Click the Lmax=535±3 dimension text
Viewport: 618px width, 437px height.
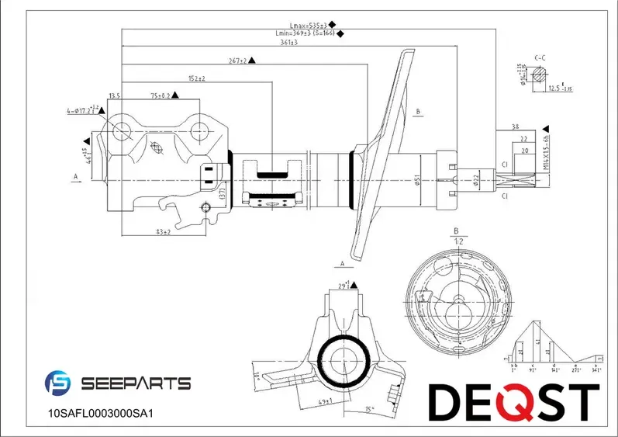304,25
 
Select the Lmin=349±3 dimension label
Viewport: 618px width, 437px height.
304,33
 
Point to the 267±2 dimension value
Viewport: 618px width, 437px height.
237,61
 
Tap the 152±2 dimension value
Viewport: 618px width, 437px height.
196,78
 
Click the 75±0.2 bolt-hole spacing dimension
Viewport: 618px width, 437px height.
160,95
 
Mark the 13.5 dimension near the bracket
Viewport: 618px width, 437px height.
115,95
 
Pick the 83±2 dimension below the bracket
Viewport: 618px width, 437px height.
163,232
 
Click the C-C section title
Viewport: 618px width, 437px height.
541,58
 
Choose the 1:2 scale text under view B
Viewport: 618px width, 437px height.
457,241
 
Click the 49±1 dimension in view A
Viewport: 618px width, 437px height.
326,401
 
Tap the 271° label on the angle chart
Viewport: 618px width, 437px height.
575,371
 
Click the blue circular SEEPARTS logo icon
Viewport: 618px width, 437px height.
59,383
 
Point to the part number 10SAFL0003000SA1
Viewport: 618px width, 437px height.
102,414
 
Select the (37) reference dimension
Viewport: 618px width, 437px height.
221,192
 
